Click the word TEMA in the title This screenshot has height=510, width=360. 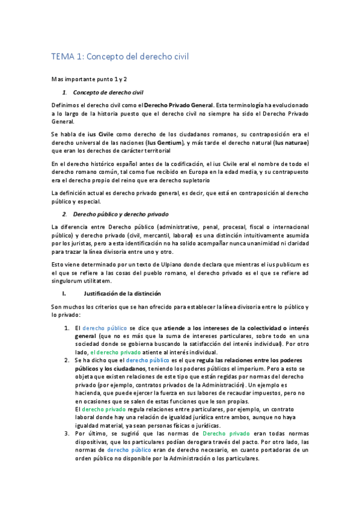(61, 57)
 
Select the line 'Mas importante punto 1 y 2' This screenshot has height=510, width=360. (89, 79)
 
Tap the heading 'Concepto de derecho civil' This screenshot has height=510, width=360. (108, 92)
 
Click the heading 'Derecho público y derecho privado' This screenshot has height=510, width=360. (121, 214)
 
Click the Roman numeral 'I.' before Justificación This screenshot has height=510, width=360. (64, 293)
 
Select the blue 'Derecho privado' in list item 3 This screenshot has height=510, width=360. (224, 450)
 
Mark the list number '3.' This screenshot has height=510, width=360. (66, 450)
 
